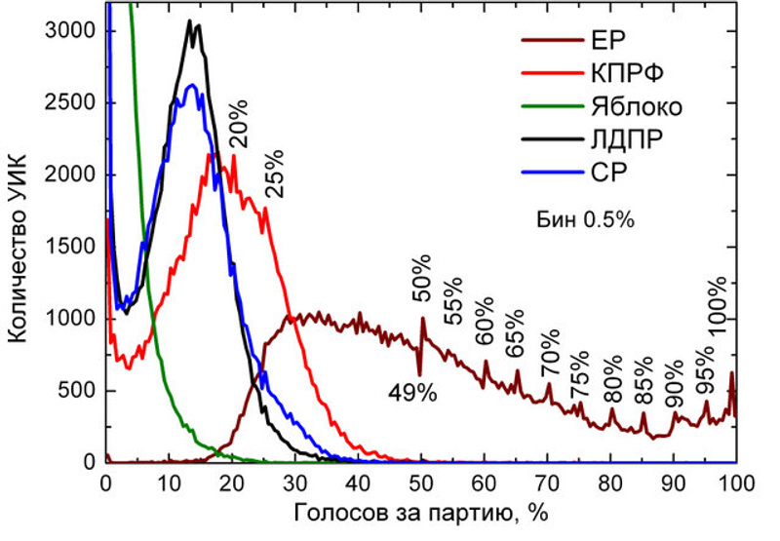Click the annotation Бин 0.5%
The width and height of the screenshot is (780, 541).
586,220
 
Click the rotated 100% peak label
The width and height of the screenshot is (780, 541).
718,308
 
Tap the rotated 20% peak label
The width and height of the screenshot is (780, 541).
239,127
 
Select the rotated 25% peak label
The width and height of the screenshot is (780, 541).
274,174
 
